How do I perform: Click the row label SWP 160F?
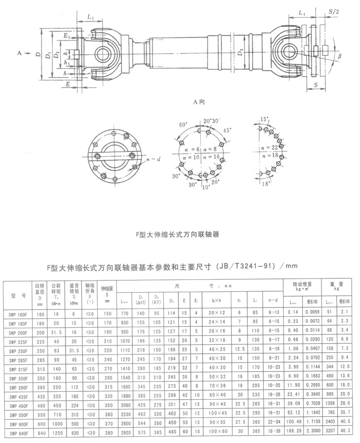16,313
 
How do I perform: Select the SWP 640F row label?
16,433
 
